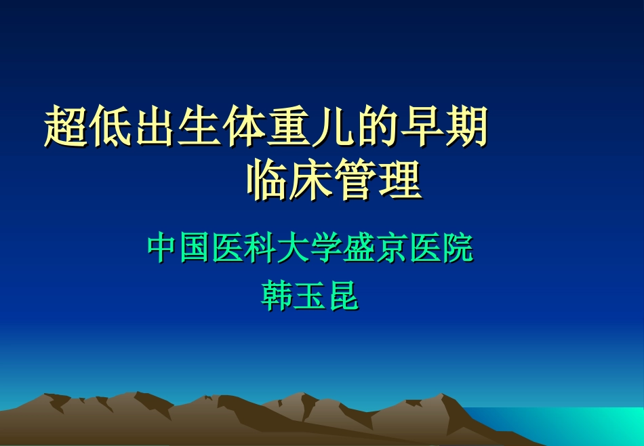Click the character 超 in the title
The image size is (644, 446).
(66, 127)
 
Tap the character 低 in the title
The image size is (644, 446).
(110, 127)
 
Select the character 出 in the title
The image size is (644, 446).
(155, 127)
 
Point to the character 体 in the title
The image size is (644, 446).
(243, 127)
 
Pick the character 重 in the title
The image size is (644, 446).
(288, 127)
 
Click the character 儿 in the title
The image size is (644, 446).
(332, 127)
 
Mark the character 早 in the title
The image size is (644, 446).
(421, 127)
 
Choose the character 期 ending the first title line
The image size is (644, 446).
(465, 127)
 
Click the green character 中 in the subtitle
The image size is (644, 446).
(163, 248)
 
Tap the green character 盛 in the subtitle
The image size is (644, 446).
(359, 248)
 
